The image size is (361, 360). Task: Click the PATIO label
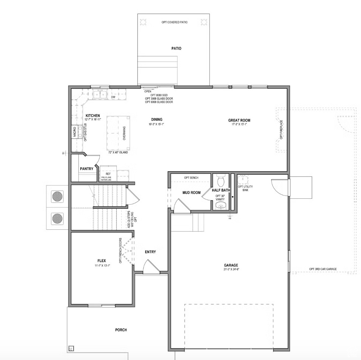[x=176, y=48]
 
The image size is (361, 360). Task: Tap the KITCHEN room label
[x=92, y=116]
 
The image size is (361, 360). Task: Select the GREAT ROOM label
[x=239, y=120]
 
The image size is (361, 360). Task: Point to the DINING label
[x=157, y=119]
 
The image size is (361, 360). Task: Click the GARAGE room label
[x=231, y=265]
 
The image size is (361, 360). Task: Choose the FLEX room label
[x=102, y=261]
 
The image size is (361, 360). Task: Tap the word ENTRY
[x=150, y=252]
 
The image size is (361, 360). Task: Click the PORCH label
[x=121, y=330]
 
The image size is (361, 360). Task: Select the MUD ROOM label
[x=192, y=193]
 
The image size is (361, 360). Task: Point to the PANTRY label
[x=87, y=169]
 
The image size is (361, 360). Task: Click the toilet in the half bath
[x=221, y=181]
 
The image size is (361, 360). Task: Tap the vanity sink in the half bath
[x=221, y=206]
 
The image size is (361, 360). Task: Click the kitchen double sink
[x=99, y=95]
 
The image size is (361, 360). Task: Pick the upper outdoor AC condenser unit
[x=57, y=196]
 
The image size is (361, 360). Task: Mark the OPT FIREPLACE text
[x=281, y=130]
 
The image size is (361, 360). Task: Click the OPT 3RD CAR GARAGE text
[x=323, y=269]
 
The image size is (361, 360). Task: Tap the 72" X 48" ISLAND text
[x=118, y=152]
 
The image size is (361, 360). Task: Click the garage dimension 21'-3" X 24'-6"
[x=231, y=269]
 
